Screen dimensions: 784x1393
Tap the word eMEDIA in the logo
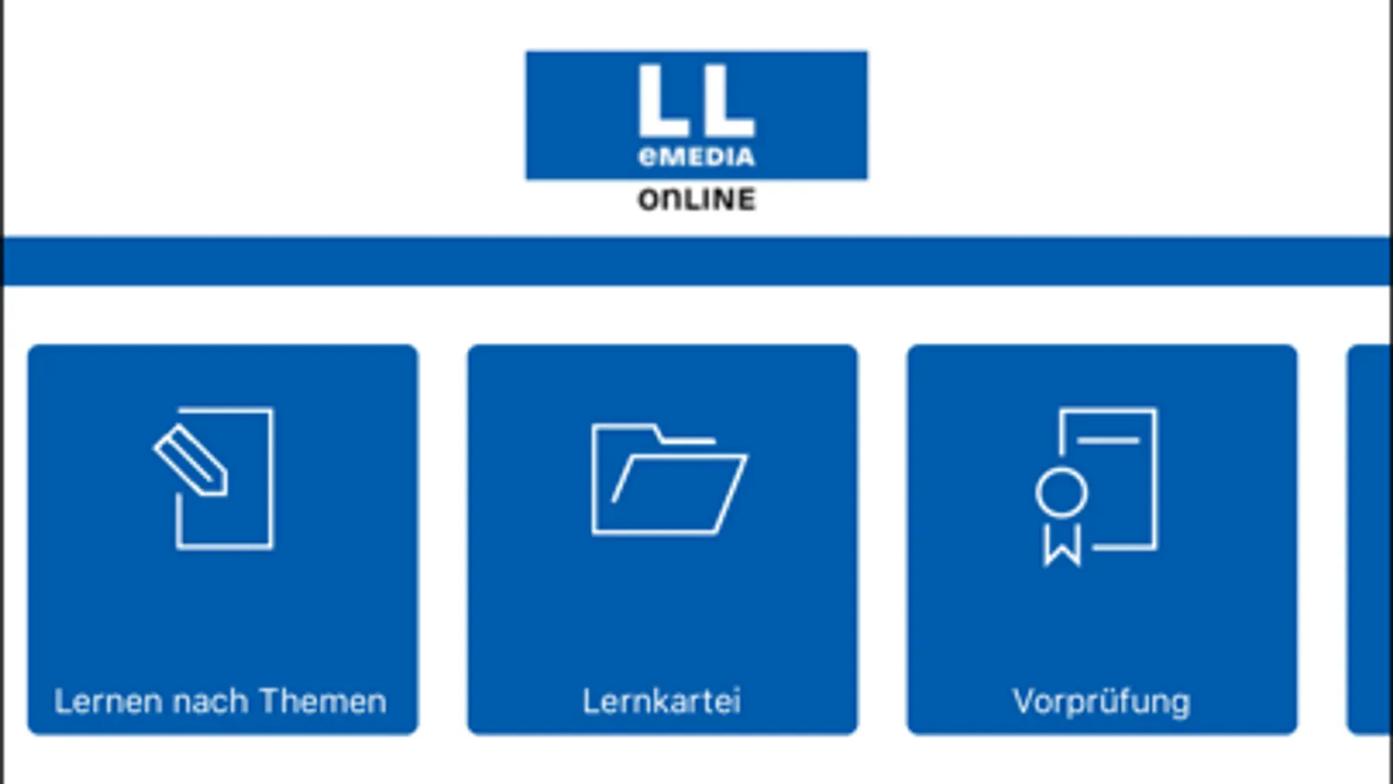(x=696, y=157)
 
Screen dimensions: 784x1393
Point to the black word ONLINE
(x=696, y=199)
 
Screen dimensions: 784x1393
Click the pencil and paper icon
(x=215, y=477)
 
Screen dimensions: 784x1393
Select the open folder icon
(x=668, y=478)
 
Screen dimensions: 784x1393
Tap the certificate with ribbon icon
(x=1098, y=484)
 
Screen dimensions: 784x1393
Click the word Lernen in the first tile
(x=108, y=701)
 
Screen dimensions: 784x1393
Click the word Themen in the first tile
(x=322, y=701)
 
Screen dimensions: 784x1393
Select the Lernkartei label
(x=661, y=701)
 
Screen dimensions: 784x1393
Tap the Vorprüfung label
(x=1101, y=701)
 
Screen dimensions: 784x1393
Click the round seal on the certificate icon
(x=1061, y=493)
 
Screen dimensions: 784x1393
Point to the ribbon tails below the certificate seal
(x=1062, y=545)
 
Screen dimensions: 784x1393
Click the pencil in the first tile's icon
(x=191, y=460)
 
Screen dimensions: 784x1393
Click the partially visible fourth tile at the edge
(x=1369, y=539)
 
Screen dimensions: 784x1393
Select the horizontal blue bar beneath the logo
(x=696, y=260)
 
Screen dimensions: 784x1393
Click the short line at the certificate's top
(x=1108, y=441)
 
